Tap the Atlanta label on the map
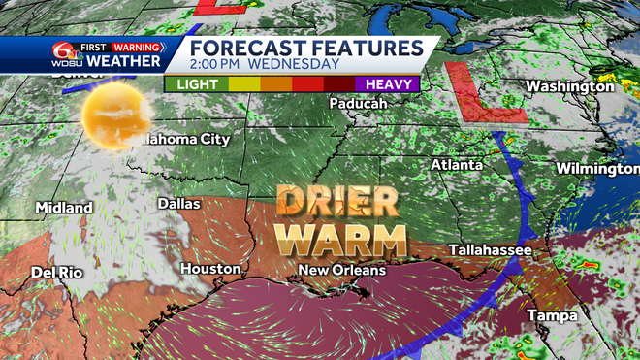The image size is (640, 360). click(457, 165)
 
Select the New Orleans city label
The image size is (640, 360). click(341, 270)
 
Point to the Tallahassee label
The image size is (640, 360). click(491, 251)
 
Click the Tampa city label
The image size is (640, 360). click(551, 316)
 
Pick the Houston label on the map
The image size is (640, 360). click(209, 268)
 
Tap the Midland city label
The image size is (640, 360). click(64, 208)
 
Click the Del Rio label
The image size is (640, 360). click(56, 272)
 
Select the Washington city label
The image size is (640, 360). click(570, 86)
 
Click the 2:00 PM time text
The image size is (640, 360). click(216, 64)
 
